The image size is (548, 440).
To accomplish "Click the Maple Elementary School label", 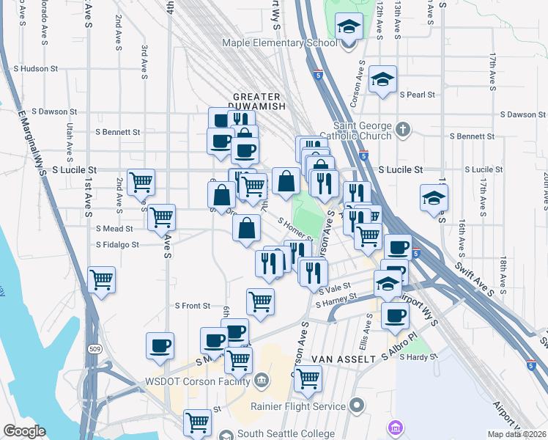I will [281, 43].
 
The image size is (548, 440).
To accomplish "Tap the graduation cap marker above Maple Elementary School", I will [349, 28].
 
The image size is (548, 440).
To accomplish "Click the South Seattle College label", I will [286, 433].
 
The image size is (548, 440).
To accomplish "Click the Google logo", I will [24, 431].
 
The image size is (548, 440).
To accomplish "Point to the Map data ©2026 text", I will [517, 434].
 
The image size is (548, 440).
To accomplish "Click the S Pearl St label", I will [417, 95].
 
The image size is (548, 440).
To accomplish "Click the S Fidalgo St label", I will [117, 245].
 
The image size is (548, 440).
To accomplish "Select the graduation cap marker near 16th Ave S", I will [434, 198].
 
